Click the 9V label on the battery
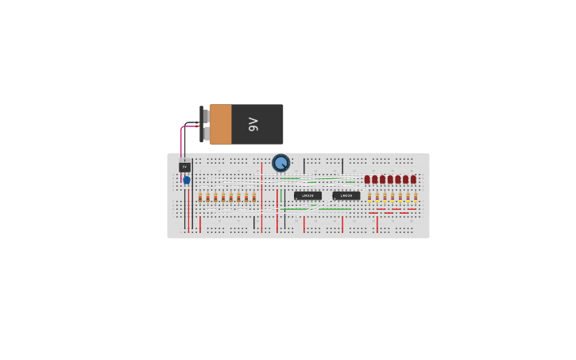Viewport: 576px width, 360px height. pos(253,124)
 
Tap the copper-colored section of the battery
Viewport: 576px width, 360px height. pos(220,124)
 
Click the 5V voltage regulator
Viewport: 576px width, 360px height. pos(184,167)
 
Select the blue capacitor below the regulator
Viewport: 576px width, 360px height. pos(187,180)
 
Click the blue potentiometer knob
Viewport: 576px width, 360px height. pos(280,163)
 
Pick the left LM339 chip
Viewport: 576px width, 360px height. pos(307,195)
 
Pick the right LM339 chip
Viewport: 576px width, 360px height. pos(346,195)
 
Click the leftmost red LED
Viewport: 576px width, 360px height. pos(367,180)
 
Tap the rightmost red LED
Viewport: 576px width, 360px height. pos(413,180)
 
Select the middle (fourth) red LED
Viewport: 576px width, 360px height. pos(390,180)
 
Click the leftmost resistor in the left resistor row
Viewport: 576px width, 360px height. pos(200,197)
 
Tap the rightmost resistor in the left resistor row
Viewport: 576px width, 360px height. pos(254,197)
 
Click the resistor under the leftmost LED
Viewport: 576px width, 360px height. pos(369,197)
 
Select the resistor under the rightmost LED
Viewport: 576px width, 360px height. pos(416,197)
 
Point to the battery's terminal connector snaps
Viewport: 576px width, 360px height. pos(205,124)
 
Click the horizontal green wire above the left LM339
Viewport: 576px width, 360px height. pos(290,178)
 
